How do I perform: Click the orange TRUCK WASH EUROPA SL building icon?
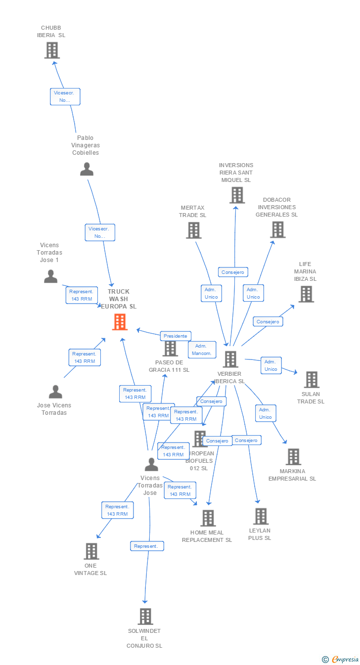click(x=120, y=322)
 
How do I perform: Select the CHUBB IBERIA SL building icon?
click(x=52, y=50)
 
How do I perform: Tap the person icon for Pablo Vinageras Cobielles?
click(x=87, y=169)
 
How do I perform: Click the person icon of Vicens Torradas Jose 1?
click(x=50, y=276)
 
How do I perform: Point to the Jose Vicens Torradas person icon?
click(x=55, y=392)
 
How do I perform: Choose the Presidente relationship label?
click(x=175, y=336)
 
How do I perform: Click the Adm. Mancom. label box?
click(x=202, y=350)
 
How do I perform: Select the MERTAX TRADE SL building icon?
click(x=193, y=230)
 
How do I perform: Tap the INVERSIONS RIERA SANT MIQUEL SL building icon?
click(x=237, y=195)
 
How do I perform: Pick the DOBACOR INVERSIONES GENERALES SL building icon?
click(x=278, y=229)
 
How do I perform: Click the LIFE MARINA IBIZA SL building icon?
click(x=306, y=294)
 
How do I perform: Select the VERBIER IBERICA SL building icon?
click(x=230, y=359)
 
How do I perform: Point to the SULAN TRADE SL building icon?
click(x=312, y=380)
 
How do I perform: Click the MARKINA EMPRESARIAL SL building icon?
click(x=293, y=456)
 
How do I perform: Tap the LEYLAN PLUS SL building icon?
click(x=261, y=516)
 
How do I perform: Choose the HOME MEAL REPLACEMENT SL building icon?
click(x=208, y=518)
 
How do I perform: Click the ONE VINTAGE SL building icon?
click(x=91, y=551)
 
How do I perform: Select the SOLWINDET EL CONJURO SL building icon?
click(x=145, y=617)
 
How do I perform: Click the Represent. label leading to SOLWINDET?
click(x=146, y=546)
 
